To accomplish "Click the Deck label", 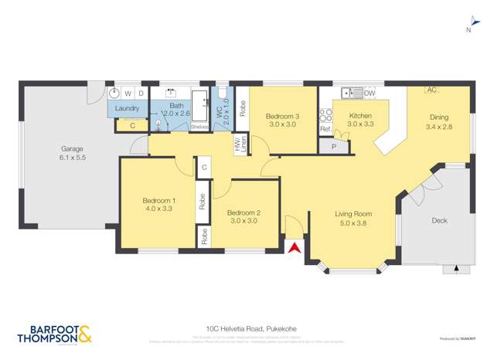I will click(x=439, y=220).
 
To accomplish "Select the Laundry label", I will click(x=127, y=108).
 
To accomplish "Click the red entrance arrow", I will click(x=294, y=247).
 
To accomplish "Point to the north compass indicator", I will click(x=468, y=30).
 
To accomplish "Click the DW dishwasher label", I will click(x=370, y=93).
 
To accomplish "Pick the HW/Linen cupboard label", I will click(x=240, y=144).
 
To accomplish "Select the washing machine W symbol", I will click(x=128, y=93).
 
